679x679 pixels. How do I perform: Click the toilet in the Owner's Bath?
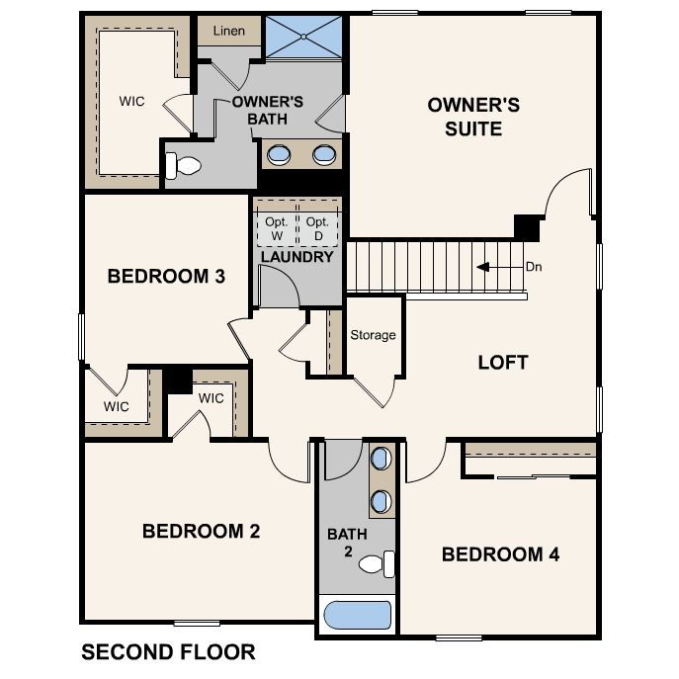183,165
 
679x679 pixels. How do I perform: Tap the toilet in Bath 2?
377,563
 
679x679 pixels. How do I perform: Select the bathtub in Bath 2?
357,615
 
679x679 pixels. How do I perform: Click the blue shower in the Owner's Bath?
303,37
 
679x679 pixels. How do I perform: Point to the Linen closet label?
229,31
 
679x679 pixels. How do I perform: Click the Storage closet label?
373,335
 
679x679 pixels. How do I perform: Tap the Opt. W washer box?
277,228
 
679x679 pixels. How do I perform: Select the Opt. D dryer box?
318,228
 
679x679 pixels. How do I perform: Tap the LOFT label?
503,363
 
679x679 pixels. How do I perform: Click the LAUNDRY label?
297,257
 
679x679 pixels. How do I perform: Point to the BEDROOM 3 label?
166,277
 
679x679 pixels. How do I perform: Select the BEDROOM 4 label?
500,554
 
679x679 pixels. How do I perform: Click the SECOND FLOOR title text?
168,652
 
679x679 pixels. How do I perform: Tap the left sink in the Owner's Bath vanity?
279,154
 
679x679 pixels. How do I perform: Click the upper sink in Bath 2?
382,459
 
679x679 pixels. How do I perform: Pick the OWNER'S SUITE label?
473,117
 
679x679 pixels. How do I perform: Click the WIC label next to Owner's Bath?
131,102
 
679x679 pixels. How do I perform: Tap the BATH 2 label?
347,543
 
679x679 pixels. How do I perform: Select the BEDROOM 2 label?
202,532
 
